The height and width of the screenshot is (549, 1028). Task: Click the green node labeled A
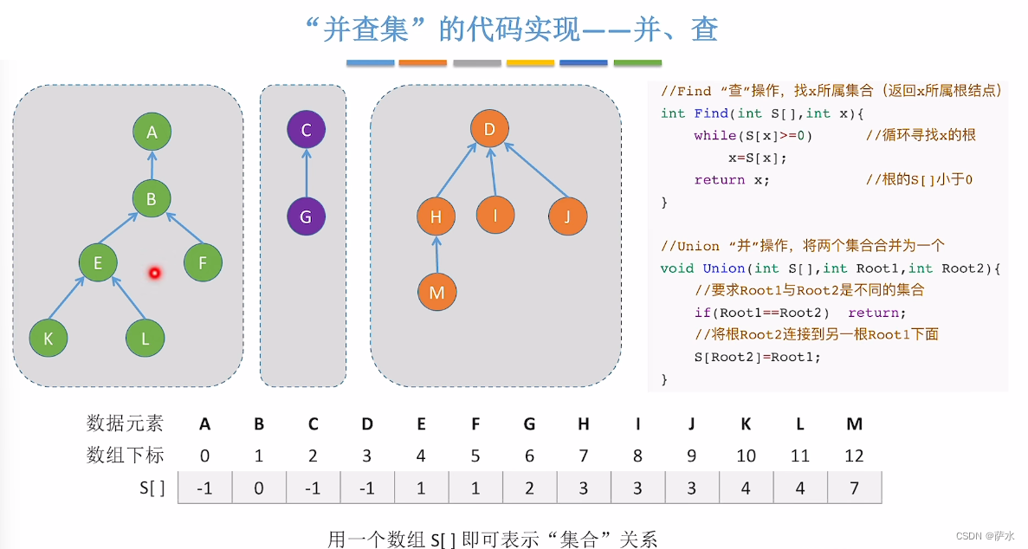[152, 132]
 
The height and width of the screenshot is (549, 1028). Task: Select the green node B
[152, 199]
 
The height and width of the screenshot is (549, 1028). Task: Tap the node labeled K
[48, 339]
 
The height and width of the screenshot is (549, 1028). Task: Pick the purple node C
[306, 131]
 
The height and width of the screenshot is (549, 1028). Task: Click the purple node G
[306, 216]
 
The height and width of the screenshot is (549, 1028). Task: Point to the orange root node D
[489, 131]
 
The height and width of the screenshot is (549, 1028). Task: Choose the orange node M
[436, 292]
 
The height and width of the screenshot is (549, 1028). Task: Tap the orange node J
[568, 216]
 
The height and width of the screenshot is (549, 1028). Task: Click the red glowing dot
[155, 274]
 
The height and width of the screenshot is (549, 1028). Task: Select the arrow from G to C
[306, 173]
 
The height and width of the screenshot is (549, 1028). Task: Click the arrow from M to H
[436, 255]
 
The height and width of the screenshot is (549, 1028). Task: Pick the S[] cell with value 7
[854, 488]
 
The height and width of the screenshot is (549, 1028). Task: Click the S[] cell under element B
[259, 488]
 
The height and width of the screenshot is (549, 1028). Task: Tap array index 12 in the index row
[854, 455]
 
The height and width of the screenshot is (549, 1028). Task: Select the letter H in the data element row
[584, 423]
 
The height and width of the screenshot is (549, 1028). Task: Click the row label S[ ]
[152, 488]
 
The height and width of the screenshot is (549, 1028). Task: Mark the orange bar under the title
[423, 63]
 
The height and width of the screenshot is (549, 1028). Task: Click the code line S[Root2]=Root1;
[757, 357]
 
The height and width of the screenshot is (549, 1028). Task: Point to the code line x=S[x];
[758, 158]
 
